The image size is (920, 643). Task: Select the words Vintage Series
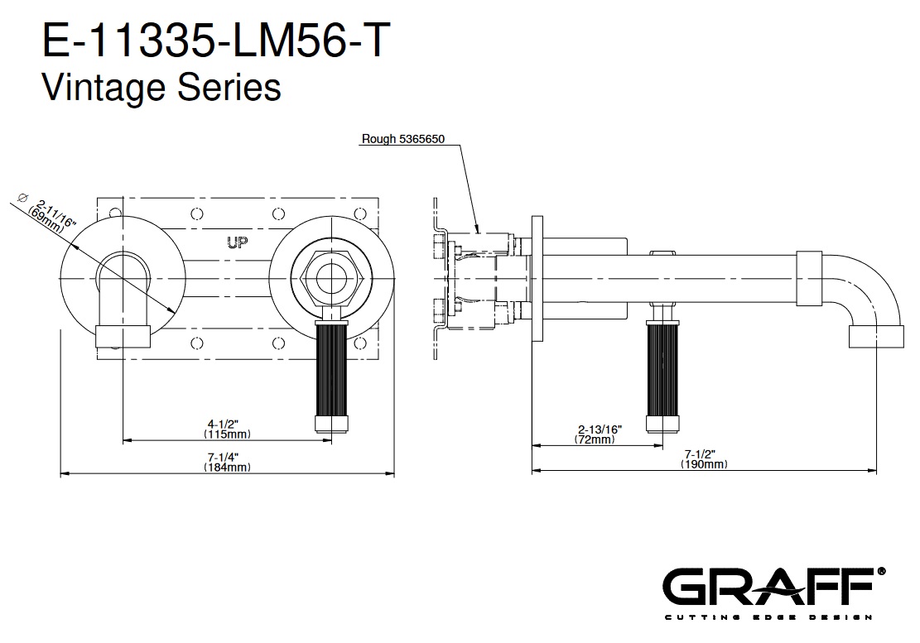[x=161, y=86]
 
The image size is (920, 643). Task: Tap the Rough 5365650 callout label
[x=403, y=139]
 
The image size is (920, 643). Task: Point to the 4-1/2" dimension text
[x=228, y=425]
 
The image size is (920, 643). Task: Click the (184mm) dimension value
[x=228, y=468]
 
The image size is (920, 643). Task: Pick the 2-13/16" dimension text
[x=600, y=429]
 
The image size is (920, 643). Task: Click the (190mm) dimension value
[x=704, y=465]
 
